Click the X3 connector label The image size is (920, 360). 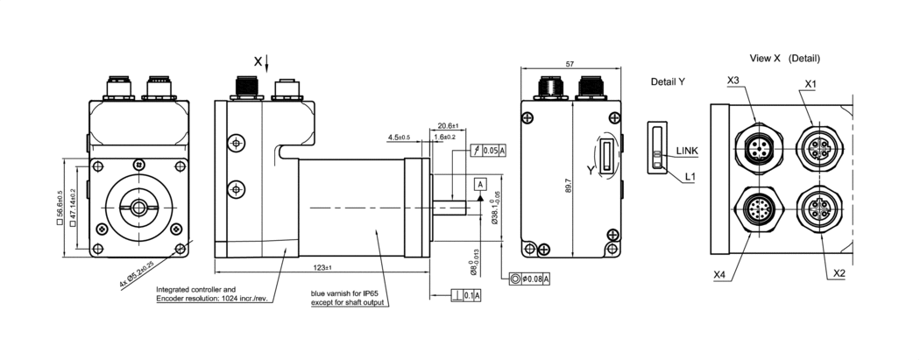[x=734, y=81]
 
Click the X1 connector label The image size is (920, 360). [x=810, y=83]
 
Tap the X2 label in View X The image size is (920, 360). [x=839, y=273]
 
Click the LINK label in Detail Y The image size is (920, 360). [x=688, y=152]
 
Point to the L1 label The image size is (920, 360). [x=690, y=176]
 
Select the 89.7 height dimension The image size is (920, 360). [x=569, y=185]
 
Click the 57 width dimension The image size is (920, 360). [x=571, y=65]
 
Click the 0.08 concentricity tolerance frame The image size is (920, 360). [x=529, y=279]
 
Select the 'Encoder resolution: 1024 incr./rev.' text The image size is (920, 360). [x=211, y=299]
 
